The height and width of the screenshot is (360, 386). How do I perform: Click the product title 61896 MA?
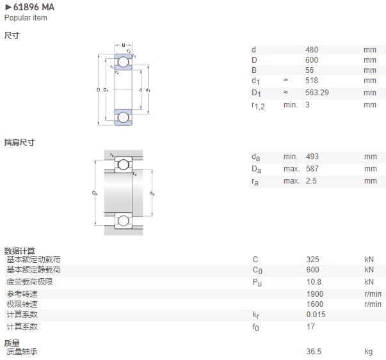(33, 7)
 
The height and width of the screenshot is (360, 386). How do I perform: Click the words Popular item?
(26, 18)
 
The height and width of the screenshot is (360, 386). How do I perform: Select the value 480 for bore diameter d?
(312, 50)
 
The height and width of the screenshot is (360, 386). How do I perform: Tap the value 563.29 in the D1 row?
(317, 93)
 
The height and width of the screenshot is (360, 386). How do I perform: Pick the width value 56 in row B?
(309, 70)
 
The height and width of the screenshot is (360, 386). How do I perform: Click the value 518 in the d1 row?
(312, 81)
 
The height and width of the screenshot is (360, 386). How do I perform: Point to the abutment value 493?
(312, 157)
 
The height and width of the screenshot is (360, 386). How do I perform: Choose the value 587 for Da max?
(312, 169)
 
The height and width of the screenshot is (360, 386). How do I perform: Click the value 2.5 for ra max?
(311, 181)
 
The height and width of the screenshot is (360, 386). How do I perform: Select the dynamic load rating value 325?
(312, 260)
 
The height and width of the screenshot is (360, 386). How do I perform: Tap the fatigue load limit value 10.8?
(314, 282)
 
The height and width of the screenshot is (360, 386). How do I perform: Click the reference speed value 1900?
(315, 294)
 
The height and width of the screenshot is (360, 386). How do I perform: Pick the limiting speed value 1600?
(315, 304)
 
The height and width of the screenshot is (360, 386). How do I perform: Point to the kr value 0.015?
(316, 314)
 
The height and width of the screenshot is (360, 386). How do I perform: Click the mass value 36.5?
(314, 352)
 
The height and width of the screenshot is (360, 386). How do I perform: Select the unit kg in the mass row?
(369, 352)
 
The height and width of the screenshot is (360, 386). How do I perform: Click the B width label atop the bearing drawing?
(124, 45)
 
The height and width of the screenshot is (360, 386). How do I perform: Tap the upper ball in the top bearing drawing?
(123, 62)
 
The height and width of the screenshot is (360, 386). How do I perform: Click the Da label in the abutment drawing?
(95, 193)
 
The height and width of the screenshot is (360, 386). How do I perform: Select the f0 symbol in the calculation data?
(255, 327)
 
